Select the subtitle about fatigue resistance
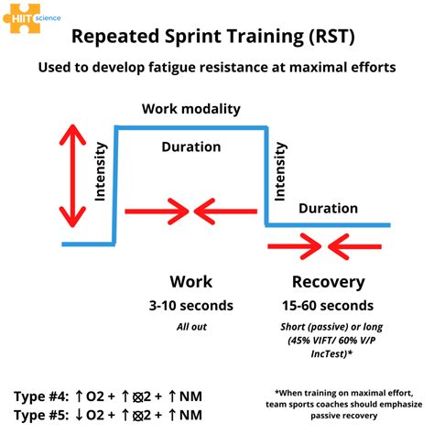217,68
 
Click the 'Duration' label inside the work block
190,146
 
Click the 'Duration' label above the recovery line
329,208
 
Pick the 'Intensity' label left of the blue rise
101,176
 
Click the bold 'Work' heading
192,281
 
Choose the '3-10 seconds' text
191,305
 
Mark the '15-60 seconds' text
329,305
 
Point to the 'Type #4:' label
39,396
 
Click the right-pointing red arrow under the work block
155,212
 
